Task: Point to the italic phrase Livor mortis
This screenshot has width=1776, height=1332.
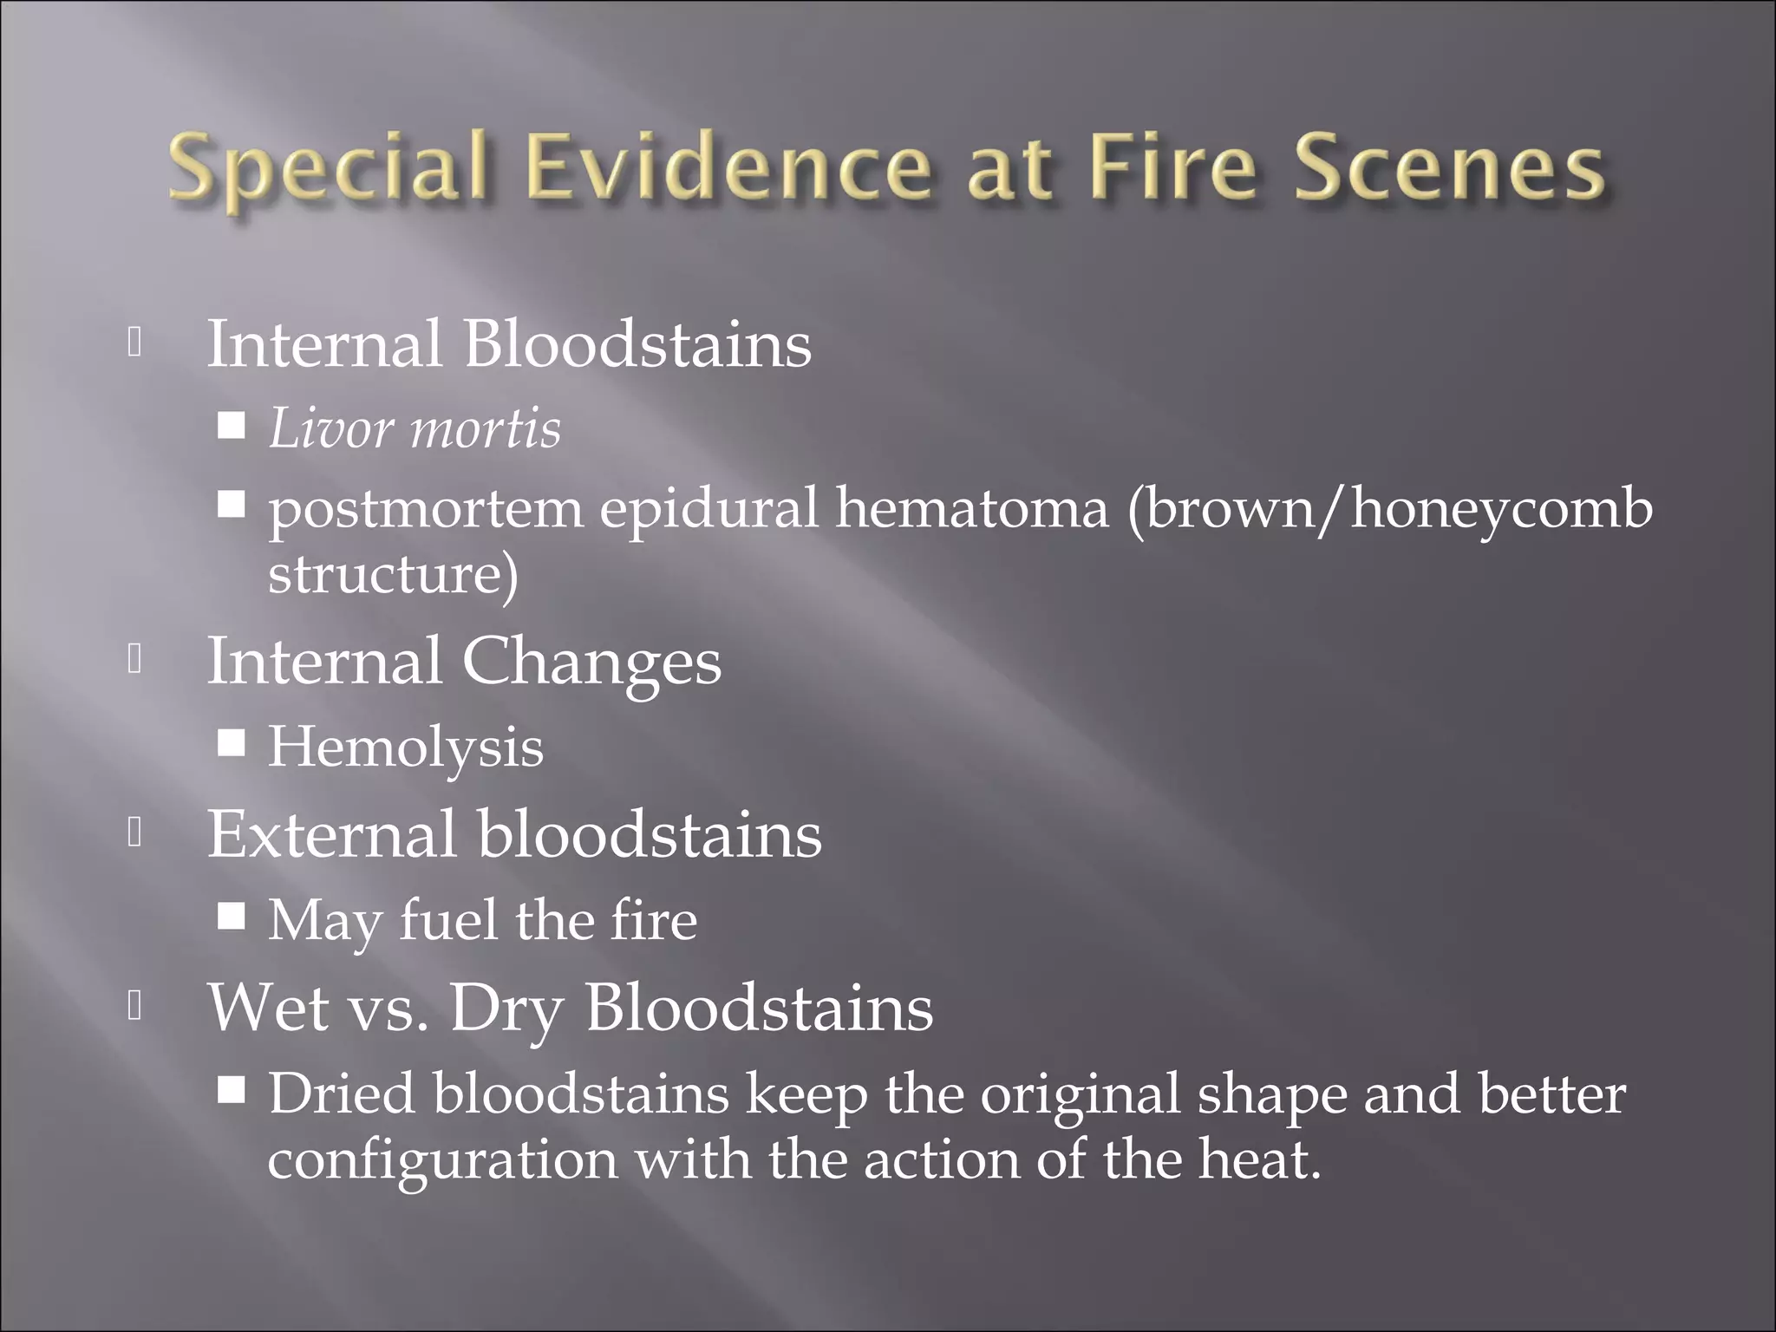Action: point(415,428)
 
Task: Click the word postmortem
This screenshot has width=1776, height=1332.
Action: point(425,509)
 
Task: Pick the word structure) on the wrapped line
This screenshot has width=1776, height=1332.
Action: point(393,574)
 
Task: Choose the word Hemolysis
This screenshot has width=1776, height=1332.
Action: point(405,748)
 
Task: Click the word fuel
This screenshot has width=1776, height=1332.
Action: point(448,920)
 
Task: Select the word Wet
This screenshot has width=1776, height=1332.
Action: point(268,1008)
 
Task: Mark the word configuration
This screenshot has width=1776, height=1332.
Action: point(442,1161)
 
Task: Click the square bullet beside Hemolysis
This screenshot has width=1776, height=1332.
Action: point(232,745)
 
